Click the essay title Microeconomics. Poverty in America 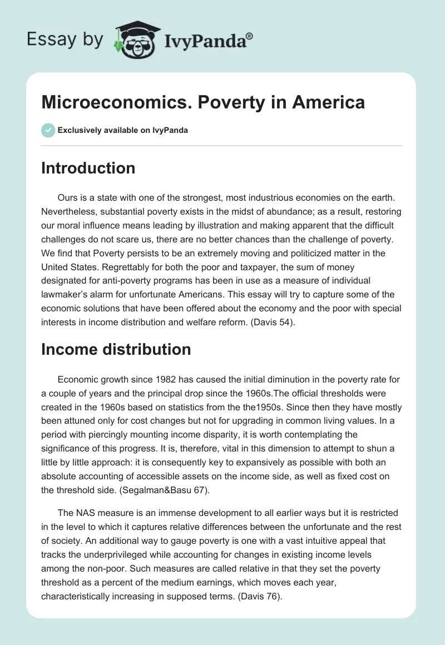click(203, 102)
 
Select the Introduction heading click(88, 168)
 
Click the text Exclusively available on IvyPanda click(123, 131)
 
